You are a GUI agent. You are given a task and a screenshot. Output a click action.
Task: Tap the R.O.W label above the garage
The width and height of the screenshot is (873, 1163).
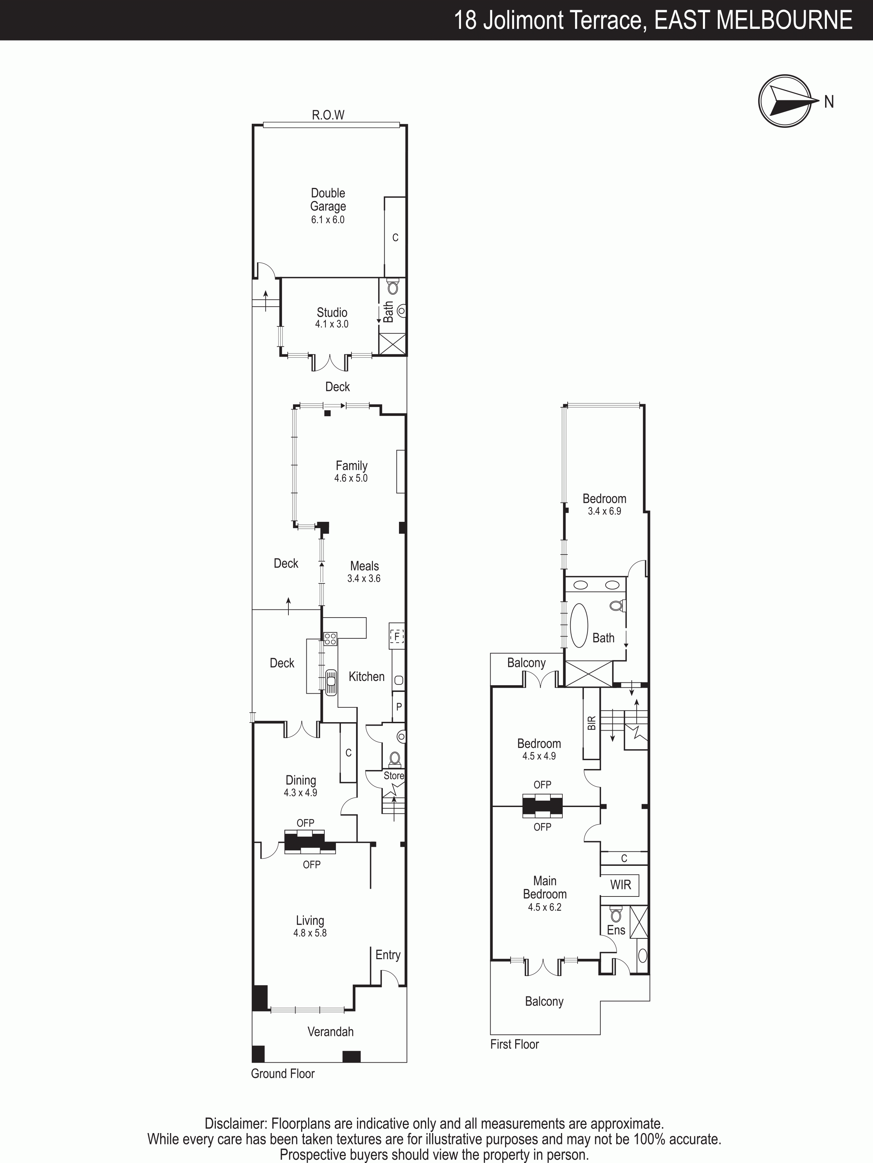328,115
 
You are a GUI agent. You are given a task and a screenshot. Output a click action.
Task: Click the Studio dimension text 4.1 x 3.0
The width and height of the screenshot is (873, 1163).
332,324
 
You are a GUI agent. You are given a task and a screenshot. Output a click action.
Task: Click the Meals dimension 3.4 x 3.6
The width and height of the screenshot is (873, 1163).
364,579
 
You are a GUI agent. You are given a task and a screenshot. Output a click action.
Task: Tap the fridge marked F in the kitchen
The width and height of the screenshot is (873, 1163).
397,637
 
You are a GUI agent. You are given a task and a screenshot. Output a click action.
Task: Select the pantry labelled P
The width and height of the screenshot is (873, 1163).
399,707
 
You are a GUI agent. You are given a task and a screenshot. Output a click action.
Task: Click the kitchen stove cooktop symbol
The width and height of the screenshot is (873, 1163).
330,639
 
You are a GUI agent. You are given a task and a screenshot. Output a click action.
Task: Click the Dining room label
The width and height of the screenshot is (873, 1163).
301,780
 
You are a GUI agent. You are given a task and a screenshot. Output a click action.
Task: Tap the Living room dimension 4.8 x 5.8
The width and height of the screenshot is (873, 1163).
310,933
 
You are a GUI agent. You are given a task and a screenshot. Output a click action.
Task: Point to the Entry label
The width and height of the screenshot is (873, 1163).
388,955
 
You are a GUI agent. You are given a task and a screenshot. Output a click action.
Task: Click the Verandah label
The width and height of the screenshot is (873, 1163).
330,1032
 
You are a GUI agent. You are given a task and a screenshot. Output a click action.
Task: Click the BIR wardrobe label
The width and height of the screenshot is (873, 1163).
592,723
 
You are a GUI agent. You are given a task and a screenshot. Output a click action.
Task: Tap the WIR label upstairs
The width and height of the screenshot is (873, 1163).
621,884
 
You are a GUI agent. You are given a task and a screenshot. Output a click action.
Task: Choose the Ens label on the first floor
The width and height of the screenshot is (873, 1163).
616,930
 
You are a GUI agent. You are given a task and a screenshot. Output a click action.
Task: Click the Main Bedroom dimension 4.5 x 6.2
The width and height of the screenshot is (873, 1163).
544,907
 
